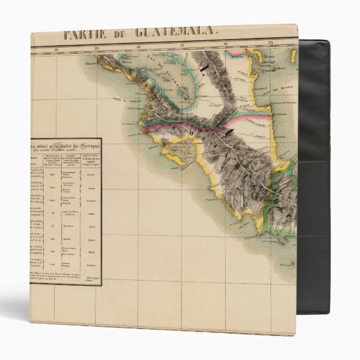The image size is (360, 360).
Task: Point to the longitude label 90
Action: coord(56,50)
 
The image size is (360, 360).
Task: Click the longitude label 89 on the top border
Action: coord(97,49)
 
